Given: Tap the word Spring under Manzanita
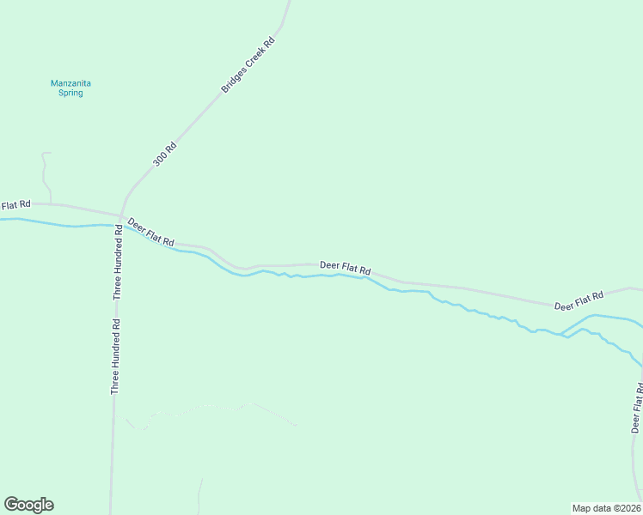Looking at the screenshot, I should click(x=70, y=93).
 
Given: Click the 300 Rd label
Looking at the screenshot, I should click(x=164, y=154).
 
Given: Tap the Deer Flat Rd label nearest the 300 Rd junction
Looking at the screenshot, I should click(x=151, y=232).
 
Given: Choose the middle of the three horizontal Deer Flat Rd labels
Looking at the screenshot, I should click(x=345, y=267).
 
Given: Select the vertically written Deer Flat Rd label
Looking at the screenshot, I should click(x=637, y=409).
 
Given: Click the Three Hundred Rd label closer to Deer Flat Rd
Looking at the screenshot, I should click(x=118, y=265).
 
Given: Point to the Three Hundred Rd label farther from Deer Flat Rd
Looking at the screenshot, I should click(x=114, y=357).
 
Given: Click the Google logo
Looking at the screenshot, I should click(x=28, y=505).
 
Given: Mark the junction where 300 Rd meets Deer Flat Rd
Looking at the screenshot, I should click(x=120, y=215).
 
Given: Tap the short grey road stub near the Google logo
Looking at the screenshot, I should click(x=200, y=498).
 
